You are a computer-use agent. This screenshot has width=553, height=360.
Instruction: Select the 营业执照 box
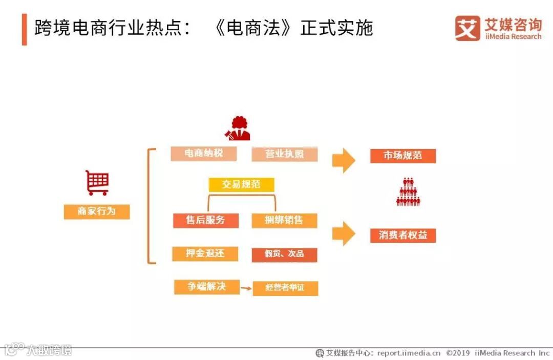pyautogui.click(x=285, y=154)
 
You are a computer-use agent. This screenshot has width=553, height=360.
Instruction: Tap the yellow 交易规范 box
pyautogui.click(x=241, y=184)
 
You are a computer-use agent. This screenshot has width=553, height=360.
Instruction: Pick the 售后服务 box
pyautogui.click(x=205, y=220)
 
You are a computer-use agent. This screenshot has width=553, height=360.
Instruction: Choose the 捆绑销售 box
pyautogui.click(x=284, y=220)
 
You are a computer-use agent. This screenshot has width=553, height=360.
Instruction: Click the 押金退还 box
pyautogui.click(x=205, y=253)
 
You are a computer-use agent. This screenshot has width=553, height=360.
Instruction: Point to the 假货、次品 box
pyautogui.click(x=284, y=255)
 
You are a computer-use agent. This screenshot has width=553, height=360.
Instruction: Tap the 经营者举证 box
pyautogui.click(x=285, y=288)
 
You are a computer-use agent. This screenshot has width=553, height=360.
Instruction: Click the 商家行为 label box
pyautogui.click(x=97, y=211)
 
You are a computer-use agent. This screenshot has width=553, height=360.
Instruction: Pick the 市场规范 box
pyautogui.click(x=403, y=156)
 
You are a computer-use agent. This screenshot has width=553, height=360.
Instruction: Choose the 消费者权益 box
pyautogui.click(x=403, y=236)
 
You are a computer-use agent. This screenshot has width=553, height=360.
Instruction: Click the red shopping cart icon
pyautogui.click(x=97, y=183)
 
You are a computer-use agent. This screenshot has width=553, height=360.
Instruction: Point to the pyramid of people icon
pyautogui.click(x=408, y=192)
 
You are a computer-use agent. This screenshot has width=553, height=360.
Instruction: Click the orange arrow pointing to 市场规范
pyautogui.click(x=344, y=161)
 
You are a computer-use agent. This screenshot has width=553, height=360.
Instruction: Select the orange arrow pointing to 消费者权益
pyautogui.click(x=344, y=234)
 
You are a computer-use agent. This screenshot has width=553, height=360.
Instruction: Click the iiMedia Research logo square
pyautogui.click(x=468, y=28)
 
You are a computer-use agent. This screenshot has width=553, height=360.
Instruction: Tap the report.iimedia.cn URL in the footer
pyautogui.click(x=409, y=353)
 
